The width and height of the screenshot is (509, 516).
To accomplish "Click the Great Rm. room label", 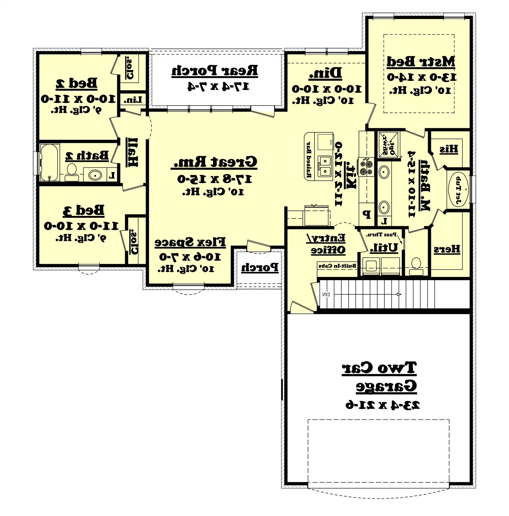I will point(214,162).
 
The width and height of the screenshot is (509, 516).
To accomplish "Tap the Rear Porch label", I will point(214,71).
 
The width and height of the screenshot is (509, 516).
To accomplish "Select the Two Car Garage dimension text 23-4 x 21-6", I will point(382,405).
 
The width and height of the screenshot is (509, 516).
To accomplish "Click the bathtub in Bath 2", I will point(49,162).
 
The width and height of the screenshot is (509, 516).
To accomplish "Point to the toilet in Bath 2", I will point(71,172).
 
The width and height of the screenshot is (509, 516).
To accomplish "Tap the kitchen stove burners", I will point(366,167).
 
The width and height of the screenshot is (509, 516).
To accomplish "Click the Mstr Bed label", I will point(421,62).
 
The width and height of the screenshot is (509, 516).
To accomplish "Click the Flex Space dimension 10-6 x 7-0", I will point(190,257).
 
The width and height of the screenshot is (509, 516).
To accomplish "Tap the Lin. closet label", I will point(133,100).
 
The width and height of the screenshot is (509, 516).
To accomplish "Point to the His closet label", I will point(449,149).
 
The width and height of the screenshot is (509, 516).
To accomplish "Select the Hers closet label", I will point(447,249).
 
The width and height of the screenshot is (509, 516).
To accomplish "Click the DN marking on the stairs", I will point(326,295).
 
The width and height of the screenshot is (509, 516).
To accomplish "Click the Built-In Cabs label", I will point(337,266).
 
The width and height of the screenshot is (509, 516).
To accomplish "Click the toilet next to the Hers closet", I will point(416,266).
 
